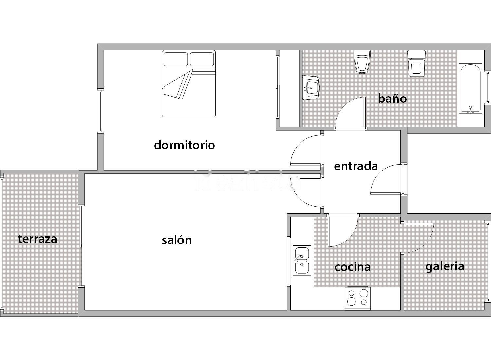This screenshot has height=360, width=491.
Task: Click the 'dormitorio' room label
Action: coord(184,145)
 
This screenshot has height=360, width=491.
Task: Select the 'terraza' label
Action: coord(38,239)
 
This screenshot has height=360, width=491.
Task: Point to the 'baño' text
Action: coord(392,99)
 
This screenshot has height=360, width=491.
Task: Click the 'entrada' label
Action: coord(356,166)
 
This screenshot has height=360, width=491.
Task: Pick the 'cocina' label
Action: coord(353,267)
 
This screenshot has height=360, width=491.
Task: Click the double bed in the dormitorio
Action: coord(189,84)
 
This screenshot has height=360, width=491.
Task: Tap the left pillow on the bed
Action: coord(175,59)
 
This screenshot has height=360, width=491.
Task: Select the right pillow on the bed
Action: coord(202,59)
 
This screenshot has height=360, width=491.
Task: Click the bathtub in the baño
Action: coord(470,88)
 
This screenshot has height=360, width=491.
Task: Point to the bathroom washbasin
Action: coord(311,88)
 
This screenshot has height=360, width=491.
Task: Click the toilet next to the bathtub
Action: coord(416,63)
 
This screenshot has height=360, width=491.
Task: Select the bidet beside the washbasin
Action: coord(362,62)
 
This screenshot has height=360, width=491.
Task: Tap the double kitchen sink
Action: coord(302,260)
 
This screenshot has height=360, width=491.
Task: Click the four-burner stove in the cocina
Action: coord(358,298)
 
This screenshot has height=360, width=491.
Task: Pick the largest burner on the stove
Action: coord(364,293)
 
